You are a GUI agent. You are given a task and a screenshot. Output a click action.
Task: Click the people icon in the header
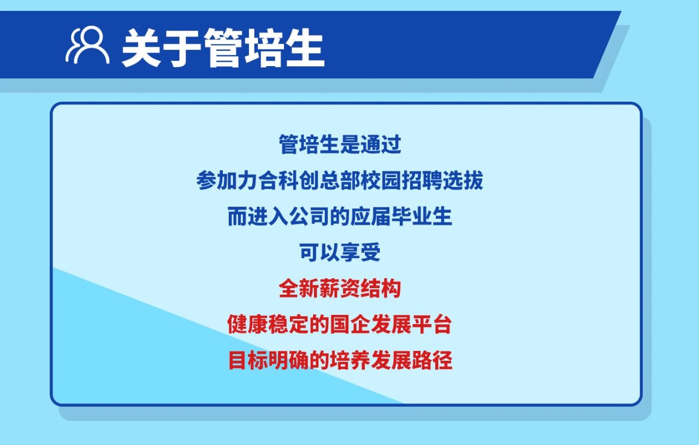87,45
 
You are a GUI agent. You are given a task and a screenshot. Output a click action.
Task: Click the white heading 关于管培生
223,48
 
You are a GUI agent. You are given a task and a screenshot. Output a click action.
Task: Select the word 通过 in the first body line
381,144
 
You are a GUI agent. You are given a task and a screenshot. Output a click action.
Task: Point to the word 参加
217,180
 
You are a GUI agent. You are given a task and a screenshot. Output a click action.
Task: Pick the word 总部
340,180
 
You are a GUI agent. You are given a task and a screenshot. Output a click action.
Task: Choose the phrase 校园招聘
401,180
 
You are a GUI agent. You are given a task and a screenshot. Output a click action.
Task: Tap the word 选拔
463,180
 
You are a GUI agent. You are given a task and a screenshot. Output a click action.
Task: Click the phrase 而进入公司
279,216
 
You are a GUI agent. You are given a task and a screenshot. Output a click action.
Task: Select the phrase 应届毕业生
401,216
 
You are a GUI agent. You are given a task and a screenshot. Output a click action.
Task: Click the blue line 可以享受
340,252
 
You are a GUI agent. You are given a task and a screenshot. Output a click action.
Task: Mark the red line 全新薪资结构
340,288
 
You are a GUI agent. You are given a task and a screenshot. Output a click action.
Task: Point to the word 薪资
340,288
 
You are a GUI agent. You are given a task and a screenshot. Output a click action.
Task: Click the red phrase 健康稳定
268,324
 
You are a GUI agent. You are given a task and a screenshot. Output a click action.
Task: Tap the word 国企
350,324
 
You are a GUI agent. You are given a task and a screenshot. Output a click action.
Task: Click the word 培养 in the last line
350,360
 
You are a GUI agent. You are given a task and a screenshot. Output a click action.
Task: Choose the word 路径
432,360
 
